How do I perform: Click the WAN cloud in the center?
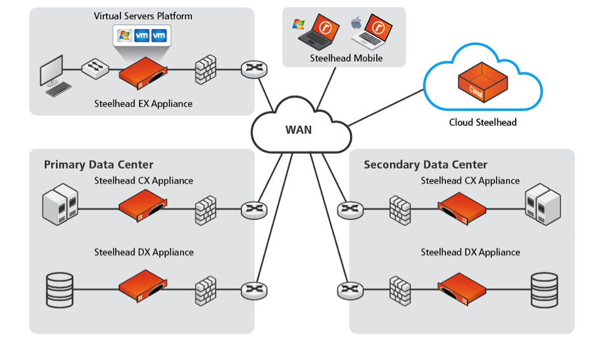[x=299, y=128]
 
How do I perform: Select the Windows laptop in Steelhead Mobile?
[x=320, y=33]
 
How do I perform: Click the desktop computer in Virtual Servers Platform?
[x=53, y=76]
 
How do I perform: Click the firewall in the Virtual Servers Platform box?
[x=206, y=69]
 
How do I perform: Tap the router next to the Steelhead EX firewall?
[x=252, y=69]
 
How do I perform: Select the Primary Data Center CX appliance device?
[x=141, y=208]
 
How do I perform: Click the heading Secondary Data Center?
[x=426, y=165]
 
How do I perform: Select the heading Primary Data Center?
[x=99, y=165]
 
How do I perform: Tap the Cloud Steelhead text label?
[x=483, y=122]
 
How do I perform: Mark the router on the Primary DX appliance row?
[x=252, y=289]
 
